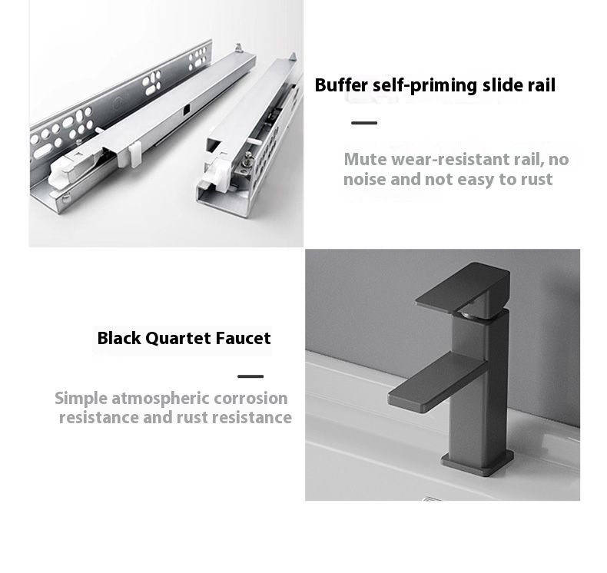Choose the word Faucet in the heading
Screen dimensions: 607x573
pyautogui.click(x=243, y=338)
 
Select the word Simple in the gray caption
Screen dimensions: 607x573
pyautogui.click(x=81, y=399)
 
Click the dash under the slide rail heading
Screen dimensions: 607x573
pyautogui.click(x=364, y=123)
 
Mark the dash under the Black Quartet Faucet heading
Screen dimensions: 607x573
pyautogui.click(x=250, y=376)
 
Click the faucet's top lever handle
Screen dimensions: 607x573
pyautogui.click(x=463, y=287)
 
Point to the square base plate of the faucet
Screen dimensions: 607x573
pyautogui.click(x=478, y=462)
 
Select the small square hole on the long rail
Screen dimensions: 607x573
pyautogui.click(x=187, y=110)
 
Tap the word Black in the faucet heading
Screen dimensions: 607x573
pyautogui.click(x=119, y=339)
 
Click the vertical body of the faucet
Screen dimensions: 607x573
pyautogui.click(x=479, y=387)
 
